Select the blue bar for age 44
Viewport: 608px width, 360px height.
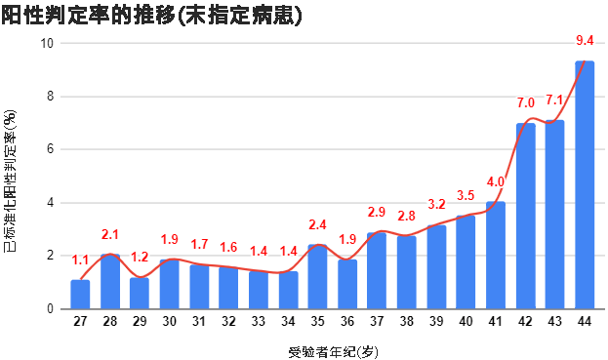click(x=585, y=185)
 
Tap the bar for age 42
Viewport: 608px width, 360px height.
click(x=525, y=217)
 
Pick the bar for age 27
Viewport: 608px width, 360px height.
click(x=80, y=295)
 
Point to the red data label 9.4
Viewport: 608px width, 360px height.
click(x=586, y=40)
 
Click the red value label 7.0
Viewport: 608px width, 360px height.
click(x=525, y=102)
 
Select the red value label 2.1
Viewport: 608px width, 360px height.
click(x=109, y=234)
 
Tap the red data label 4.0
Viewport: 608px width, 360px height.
click(x=495, y=181)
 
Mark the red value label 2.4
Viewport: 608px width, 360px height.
click(x=317, y=224)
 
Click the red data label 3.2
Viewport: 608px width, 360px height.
click(x=436, y=204)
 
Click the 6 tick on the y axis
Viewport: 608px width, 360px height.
click(x=52, y=150)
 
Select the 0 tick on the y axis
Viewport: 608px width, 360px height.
click(x=52, y=309)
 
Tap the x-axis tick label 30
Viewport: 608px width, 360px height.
click(x=169, y=321)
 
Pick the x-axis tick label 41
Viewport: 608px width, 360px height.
click(x=496, y=321)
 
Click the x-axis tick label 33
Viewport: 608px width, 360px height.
click(x=258, y=321)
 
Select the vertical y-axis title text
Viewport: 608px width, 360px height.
click(x=12, y=177)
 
